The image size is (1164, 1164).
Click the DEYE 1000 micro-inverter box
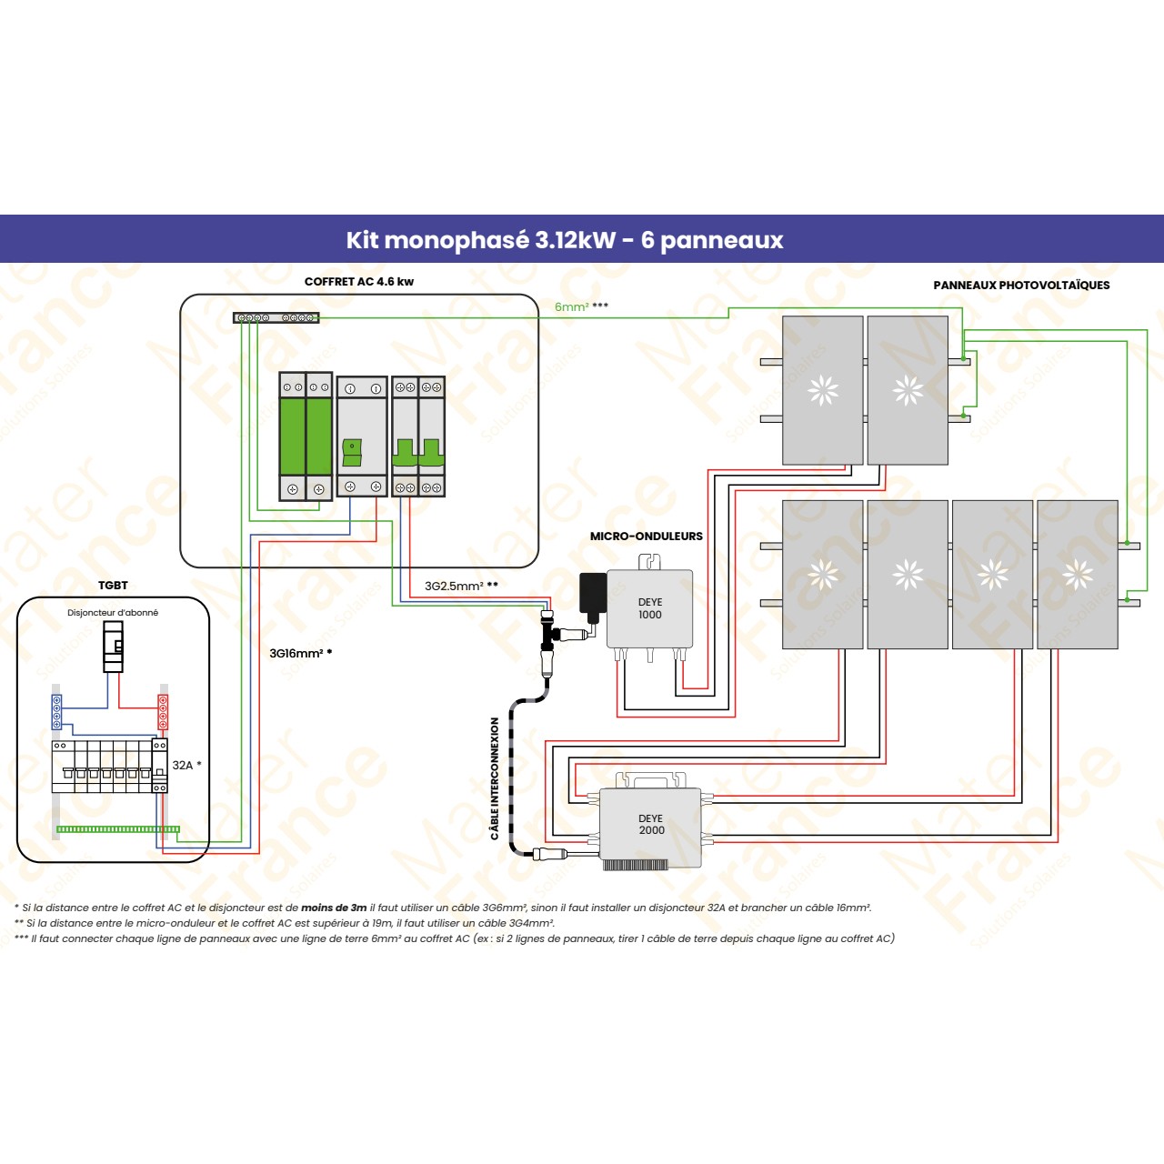click(x=649, y=608)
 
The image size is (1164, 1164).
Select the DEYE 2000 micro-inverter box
click(x=650, y=824)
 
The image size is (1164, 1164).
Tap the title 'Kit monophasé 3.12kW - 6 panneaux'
click(x=564, y=240)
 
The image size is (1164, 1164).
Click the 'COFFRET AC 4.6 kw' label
click(x=358, y=282)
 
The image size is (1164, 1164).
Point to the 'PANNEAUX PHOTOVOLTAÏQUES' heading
click(x=1021, y=286)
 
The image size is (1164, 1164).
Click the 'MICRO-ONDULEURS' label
click(x=646, y=537)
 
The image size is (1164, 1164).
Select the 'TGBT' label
click(x=113, y=586)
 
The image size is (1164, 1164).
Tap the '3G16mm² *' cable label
click(x=300, y=653)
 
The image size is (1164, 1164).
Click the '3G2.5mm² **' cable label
click(x=461, y=586)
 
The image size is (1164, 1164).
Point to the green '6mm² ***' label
click(x=581, y=306)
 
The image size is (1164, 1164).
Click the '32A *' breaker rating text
click(x=186, y=765)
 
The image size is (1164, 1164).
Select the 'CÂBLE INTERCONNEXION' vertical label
click(x=495, y=778)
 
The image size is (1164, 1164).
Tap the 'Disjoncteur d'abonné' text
click(x=113, y=613)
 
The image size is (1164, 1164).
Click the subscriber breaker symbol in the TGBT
click(x=113, y=647)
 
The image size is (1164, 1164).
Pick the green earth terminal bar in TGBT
click(x=117, y=829)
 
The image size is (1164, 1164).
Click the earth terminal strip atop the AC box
click(x=276, y=317)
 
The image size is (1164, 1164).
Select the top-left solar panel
click(x=822, y=390)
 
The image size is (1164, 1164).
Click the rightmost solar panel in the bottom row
click(x=1077, y=574)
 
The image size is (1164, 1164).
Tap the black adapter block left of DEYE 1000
click(x=593, y=592)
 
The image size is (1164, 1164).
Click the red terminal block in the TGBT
click(x=163, y=711)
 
